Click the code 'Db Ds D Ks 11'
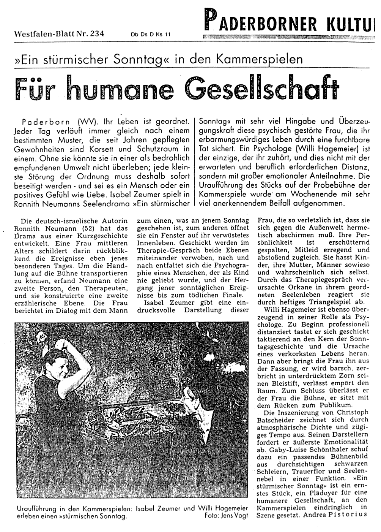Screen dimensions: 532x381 click(x=151, y=34)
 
